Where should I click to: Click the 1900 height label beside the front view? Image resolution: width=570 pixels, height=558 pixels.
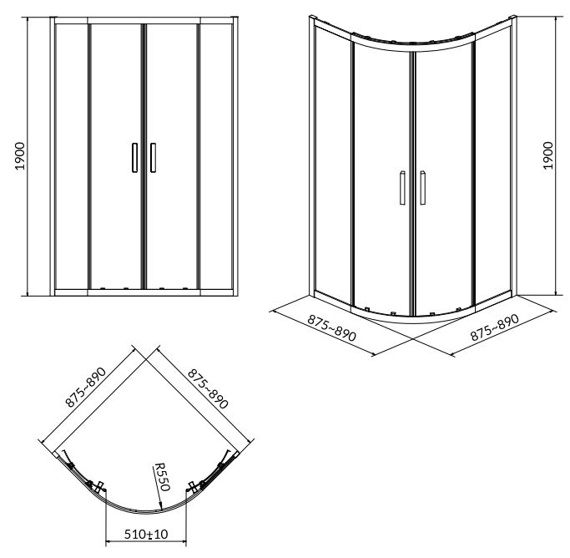(21, 156)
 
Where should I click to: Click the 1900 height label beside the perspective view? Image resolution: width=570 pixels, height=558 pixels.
(548, 155)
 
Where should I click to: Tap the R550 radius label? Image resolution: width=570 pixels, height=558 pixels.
(162, 476)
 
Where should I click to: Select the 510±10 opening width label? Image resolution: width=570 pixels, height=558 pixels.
(146, 535)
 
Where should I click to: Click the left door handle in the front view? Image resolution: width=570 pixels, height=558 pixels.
(135, 158)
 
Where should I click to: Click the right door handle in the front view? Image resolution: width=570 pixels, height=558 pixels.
(153, 158)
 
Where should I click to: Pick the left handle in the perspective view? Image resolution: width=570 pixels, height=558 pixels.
(402, 187)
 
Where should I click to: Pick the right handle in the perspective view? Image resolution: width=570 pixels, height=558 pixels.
(423, 187)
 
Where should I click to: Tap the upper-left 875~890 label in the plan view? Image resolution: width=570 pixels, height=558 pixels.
(86, 387)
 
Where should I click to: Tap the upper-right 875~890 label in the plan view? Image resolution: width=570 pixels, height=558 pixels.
(208, 388)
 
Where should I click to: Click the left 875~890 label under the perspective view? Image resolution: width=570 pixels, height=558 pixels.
(331, 327)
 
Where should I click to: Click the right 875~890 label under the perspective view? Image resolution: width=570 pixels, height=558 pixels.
(495, 327)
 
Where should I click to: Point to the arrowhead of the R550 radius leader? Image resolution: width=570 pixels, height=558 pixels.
(161, 506)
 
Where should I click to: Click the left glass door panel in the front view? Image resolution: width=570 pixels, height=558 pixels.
(116, 156)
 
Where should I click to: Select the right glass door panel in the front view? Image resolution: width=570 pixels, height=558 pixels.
(172, 156)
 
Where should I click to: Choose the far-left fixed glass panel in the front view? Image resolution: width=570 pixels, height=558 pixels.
(71, 156)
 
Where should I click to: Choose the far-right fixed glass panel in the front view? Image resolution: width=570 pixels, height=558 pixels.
(216, 156)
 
